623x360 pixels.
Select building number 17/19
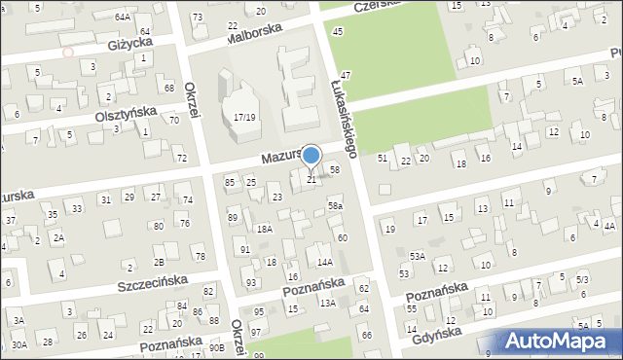243,117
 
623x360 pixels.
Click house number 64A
122,18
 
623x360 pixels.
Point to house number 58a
335,205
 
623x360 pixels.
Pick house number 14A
325,262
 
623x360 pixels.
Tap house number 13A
329,304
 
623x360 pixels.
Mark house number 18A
264,229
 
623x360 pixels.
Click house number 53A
417,256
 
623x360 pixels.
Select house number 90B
216,347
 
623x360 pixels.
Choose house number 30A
19,344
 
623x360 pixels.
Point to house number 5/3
582,280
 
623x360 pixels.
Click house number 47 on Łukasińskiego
346,75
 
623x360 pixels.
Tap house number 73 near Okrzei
198,18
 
